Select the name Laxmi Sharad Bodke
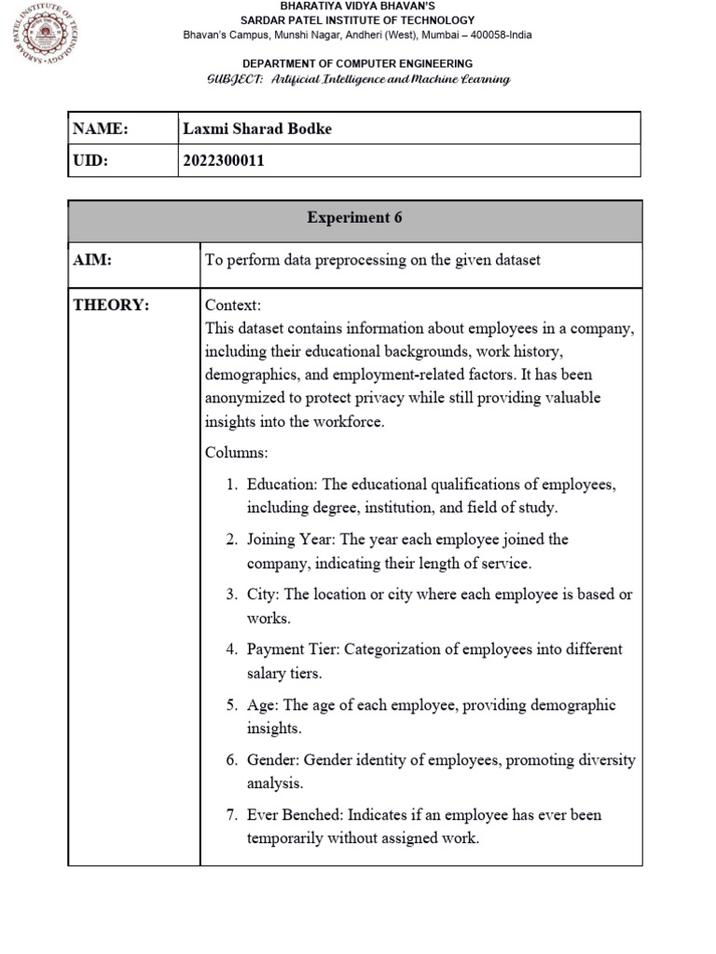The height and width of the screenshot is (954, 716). [256, 129]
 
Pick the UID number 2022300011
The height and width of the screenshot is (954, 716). [224, 160]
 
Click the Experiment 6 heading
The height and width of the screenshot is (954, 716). [354, 218]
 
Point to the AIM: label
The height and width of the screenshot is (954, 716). [92, 261]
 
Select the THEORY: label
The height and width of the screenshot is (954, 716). [111, 306]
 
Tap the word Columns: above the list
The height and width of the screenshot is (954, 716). [236, 453]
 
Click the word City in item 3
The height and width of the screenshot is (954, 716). [261, 594]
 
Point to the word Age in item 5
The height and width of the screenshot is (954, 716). [261, 704]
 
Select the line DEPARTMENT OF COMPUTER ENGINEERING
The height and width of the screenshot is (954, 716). [357, 63]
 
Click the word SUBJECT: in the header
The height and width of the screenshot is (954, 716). [234, 79]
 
